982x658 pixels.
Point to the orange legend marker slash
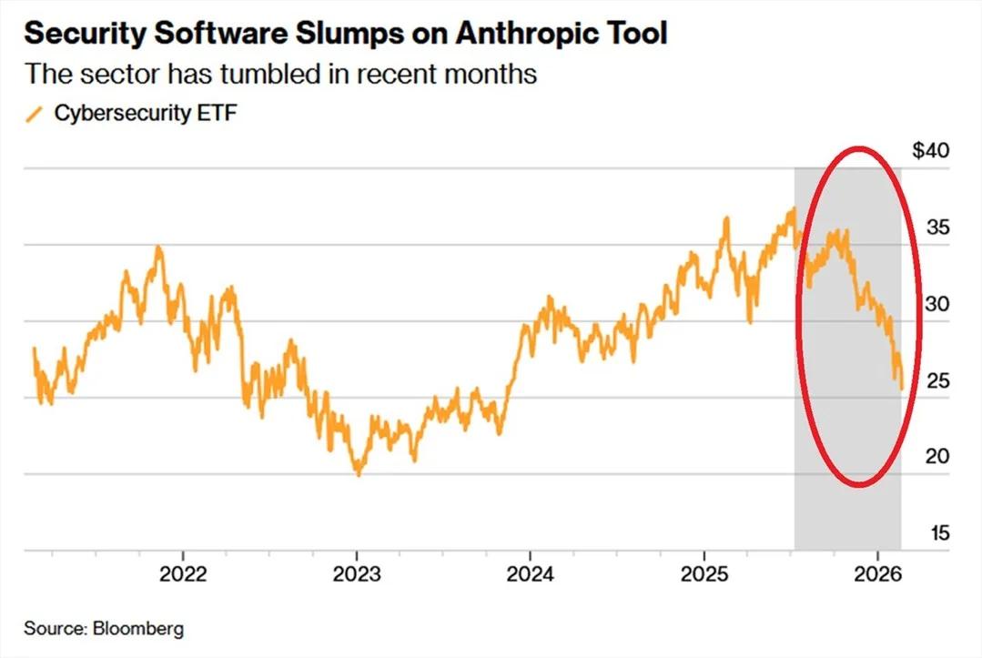pyautogui.click(x=35, y=114)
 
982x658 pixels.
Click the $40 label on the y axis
pyautogui.click(x=930, y=150)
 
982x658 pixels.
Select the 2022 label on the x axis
pyautogui.click(x=183, y=574)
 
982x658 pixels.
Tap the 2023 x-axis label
pyautogui.click(x=357, y=574)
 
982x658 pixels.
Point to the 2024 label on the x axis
pyautogui.click(x=531, y=574)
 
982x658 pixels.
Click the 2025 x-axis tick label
pyautogui.click(x=704, y=574)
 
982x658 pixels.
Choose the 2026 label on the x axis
pyautogui.click(x=877, y=574)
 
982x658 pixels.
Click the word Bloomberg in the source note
pyautogui.click(x=137, y=629)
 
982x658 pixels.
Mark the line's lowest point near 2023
pyautogui.click(x=359, y=474)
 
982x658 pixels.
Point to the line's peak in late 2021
pyautogui.click(x=159, y=247)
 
